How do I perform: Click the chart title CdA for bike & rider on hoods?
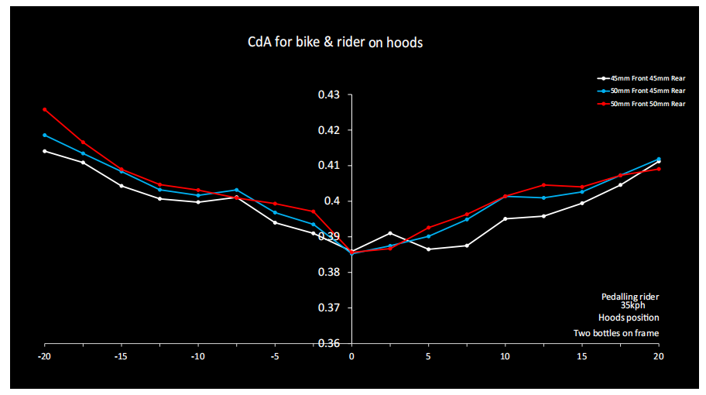(330, 43)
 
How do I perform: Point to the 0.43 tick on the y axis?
(329, 95)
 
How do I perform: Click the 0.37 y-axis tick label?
(329, 307)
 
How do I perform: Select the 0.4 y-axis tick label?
(334, 201)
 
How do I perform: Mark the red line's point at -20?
(45, 109)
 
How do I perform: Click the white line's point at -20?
(45, 151)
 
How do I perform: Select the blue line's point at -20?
(45, 135)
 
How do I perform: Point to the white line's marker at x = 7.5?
(467, 246)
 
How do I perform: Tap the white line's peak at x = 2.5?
(390, 233)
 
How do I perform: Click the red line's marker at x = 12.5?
(543, 184)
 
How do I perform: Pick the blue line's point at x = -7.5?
(237, 190)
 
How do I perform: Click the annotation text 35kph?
(631, 305)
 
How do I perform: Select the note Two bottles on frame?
(616, 334)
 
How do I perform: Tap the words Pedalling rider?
(630, 297)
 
